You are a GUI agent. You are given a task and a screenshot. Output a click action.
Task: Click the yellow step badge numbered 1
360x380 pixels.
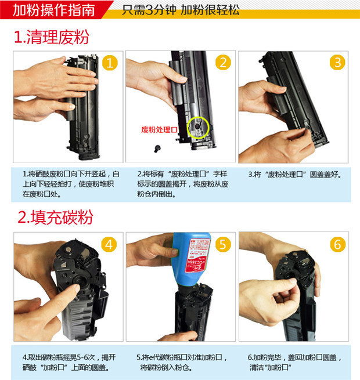110,63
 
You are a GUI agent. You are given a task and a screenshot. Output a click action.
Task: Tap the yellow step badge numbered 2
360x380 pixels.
223,63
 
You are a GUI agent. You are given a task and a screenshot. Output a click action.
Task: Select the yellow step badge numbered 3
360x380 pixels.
337,63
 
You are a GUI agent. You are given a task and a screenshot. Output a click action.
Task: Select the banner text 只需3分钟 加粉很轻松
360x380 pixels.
181,10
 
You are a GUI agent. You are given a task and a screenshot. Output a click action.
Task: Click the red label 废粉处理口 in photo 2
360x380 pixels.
159,129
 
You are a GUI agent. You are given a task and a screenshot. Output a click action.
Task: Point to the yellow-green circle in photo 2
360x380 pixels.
199,126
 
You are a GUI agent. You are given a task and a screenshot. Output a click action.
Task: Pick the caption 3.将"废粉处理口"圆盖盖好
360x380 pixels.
294,174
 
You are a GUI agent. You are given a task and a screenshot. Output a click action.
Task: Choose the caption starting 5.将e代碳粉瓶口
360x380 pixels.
182,363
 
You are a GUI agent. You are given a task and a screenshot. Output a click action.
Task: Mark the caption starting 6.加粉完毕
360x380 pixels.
295,363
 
